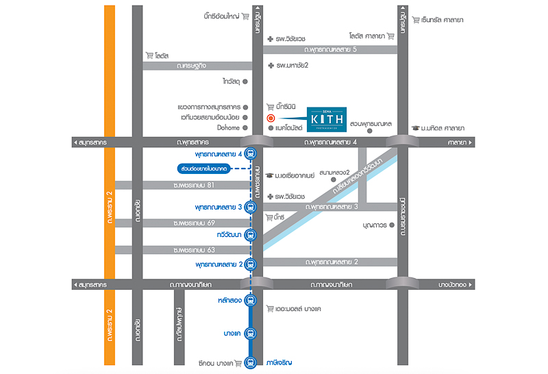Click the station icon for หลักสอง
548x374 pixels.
pyautogui.click(x=251, y=300)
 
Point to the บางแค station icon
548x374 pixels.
pyautogui.click(x=251, y=333)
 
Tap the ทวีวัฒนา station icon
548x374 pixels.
pyautogui.click(x=251, y=236)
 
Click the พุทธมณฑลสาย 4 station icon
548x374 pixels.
pyautogui.click(x=251, y=155)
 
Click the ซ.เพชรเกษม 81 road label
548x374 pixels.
pyautogui.click(x=195, y=185)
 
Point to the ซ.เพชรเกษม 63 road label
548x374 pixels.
pyautogui.click(x=195, y=250)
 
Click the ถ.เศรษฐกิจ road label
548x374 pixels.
pyautogui.click(x=191, y=65)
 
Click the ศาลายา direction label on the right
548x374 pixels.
pyautogui.click(x=453, y=142)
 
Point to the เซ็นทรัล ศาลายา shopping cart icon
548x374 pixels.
pyautogui.click(x=415, y=20)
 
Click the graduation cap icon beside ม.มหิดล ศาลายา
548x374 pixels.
pyautogui.click(x=415, y=127)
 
